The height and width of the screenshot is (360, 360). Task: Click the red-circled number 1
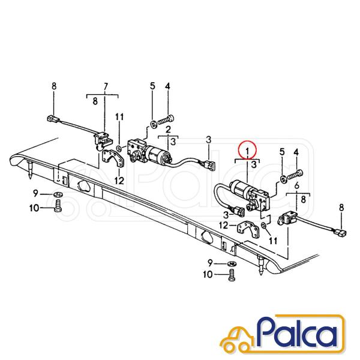click(x=247, y=151)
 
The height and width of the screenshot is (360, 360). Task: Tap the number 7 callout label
click(x=106, y=86)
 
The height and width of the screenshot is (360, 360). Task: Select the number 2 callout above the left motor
click(x=168, y=130)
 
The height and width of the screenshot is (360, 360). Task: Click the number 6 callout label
click(x=296, y=185)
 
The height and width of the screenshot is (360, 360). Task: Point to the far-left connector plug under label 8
click(x=53, y=119)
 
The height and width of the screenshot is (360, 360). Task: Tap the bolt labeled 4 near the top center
click(x=166, y=119)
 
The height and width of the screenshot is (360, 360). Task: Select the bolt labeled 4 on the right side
click(x=295, y=174)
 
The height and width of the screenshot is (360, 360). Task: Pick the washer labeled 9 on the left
click(x=58, y=195)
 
